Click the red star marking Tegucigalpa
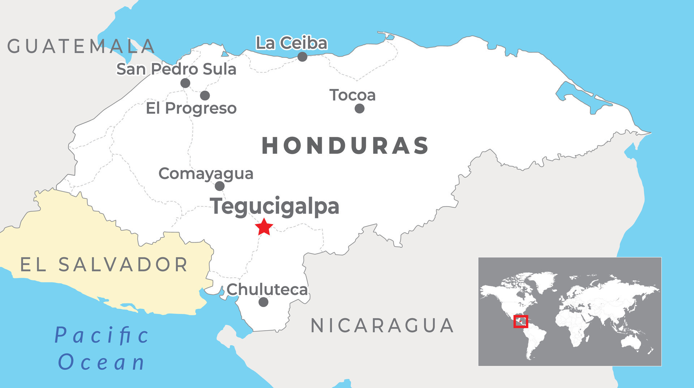click(264, 227)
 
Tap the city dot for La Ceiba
click(303, 57)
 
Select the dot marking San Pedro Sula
click(185, 83)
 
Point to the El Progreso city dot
click(205, 95)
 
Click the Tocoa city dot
click(359, 108)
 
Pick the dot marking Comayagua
click(220, 186)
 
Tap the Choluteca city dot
click(264, 302)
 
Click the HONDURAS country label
click(345, 146)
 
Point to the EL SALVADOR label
click(104, 265)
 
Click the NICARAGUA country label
click(382, 326)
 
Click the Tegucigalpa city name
click(275, 206)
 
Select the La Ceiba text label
click(291, 43)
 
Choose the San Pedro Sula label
click(176, 69)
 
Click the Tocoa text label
click(352, 95)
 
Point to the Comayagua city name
click(206, 174)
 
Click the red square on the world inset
click(521, 321)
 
